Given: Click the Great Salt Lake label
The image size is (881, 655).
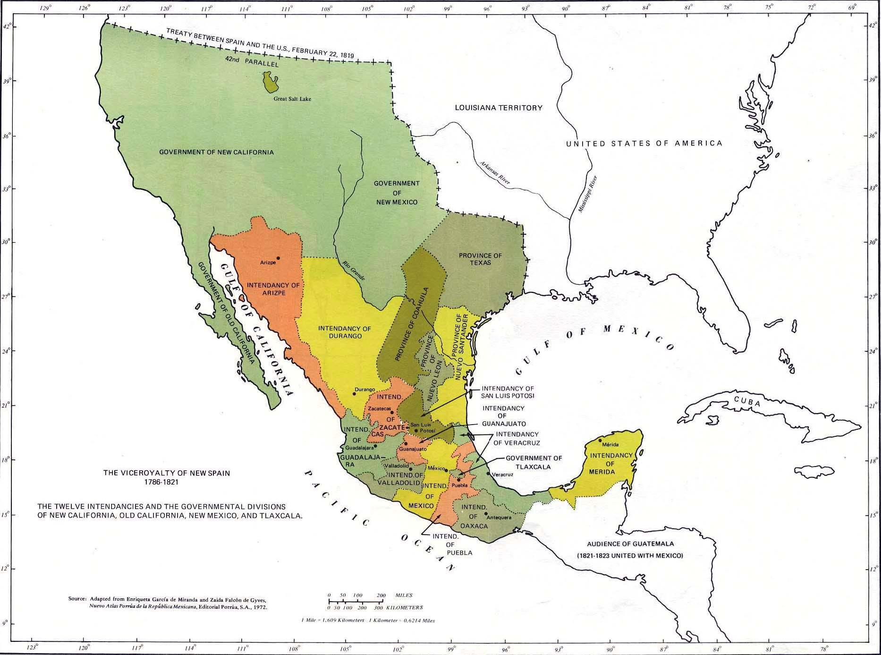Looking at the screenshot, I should (x=292, y=99).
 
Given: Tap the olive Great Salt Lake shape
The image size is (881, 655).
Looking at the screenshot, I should (x=270, y=82).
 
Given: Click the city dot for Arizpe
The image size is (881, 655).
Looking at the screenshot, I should (x=278, y=258).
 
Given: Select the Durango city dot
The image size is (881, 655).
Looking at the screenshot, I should (x=354, y=394).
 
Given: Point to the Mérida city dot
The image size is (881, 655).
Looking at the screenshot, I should (x=600, y=440).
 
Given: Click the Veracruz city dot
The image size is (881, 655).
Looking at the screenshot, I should (x=488, y=473).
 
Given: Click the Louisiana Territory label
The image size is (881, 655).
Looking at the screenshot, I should (x=499, y=108).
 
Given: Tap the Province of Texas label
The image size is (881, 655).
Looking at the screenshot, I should (x=480, y=259).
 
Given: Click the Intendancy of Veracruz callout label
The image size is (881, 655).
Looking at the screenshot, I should (x=517, y=438).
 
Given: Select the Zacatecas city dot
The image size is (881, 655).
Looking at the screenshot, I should (x=392, y=412).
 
